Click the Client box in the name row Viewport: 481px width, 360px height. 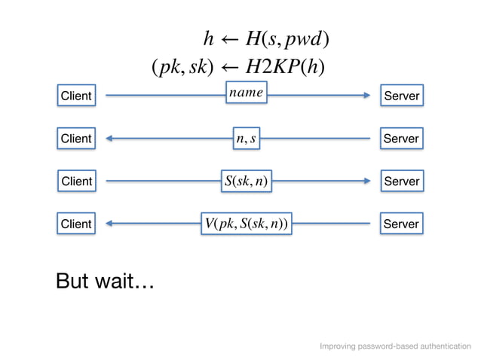76,96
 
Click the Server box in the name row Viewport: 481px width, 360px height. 401,96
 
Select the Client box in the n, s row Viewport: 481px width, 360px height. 76,139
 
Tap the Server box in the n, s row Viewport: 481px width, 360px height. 401,139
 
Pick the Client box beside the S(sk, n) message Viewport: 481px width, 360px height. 76,182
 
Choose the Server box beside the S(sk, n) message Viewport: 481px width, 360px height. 401,182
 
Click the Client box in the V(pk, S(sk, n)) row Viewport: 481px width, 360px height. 76,224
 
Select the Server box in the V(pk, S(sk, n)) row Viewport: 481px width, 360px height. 401,224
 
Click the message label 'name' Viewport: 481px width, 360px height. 247,93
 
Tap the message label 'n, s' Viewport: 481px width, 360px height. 246,139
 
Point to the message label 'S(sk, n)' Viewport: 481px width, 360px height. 246,182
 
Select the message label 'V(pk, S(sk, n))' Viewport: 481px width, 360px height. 246,224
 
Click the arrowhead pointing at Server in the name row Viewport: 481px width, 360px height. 366,96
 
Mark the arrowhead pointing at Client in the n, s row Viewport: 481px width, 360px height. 111,139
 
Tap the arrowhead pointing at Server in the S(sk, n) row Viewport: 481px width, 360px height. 366,182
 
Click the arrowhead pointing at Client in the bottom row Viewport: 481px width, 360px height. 111,224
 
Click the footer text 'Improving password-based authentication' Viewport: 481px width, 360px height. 395,346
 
